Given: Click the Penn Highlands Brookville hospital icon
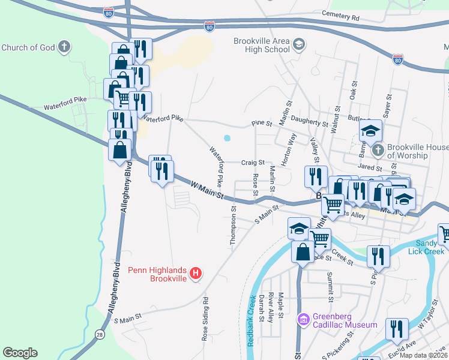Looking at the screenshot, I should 194,274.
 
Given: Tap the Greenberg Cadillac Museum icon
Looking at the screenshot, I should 304,320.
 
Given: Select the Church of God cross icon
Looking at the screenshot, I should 65,47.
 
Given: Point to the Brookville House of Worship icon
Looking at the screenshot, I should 378,149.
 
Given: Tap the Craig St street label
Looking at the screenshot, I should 253,163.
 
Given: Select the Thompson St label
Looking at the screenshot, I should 233,225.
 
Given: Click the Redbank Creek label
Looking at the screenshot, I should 252,319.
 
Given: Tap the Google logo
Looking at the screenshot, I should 20,353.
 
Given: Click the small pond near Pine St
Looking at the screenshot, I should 227,138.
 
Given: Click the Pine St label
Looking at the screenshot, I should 262,123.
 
